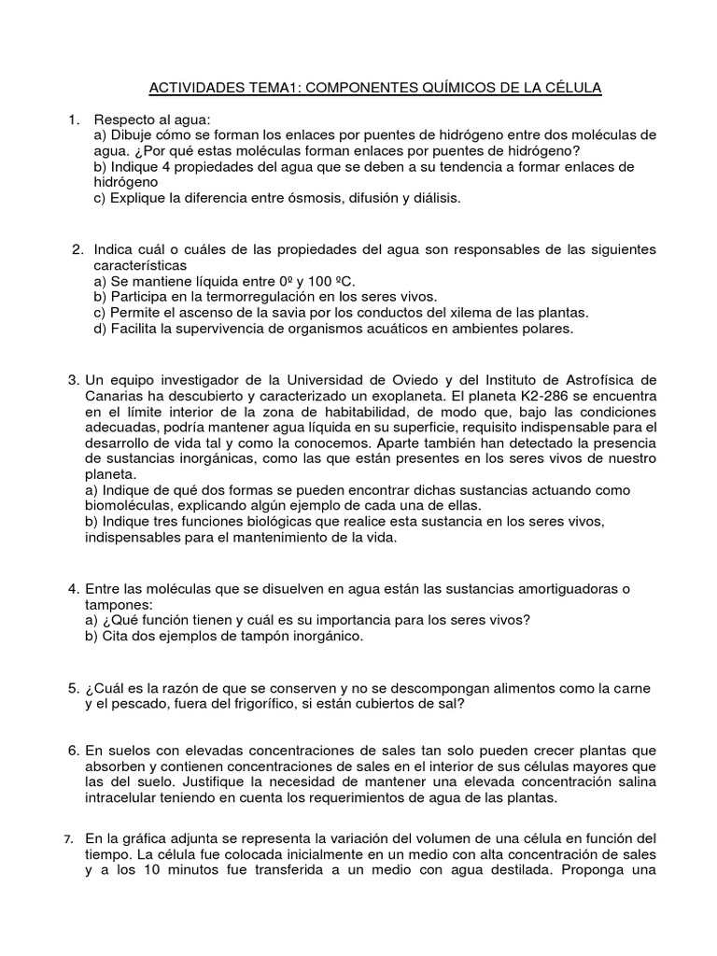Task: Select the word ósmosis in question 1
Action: click(x=293, y=198)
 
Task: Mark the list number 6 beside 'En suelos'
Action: click(x=74, y=751)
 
